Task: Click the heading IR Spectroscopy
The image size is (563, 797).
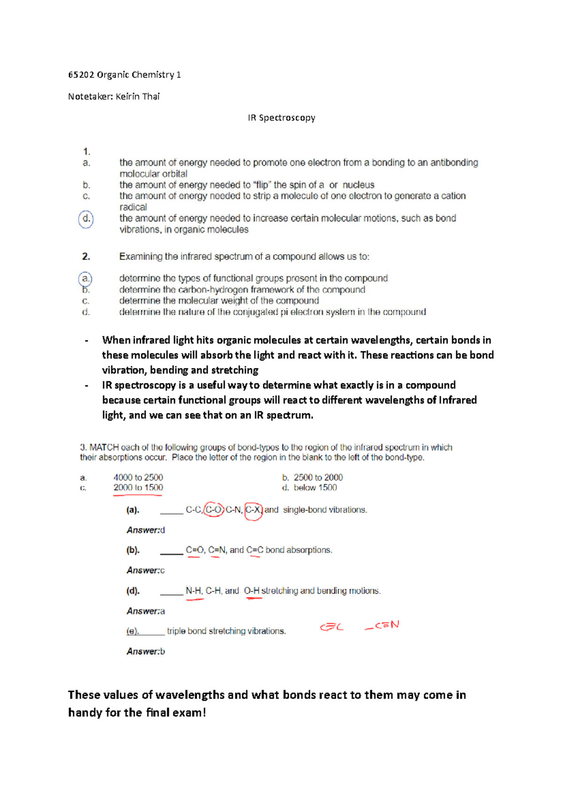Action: coord(281,118)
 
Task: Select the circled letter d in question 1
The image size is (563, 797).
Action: coord(86,219)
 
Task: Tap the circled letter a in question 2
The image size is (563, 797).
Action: coord(85,278)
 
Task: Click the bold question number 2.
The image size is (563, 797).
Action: coord(86,257)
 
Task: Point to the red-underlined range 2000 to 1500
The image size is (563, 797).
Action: coord(138,488)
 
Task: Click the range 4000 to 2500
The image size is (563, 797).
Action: coord(138,477)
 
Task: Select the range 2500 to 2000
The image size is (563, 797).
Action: coord(318,477)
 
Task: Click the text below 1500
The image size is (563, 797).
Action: coord(315,488)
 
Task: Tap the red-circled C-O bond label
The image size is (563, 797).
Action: coord(214,510)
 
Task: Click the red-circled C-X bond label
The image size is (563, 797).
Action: coord(253,510)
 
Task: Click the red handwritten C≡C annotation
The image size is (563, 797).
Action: coord(332,627)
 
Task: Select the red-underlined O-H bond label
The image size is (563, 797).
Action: coord(252,591)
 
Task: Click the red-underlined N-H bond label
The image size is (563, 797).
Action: coord(193,591)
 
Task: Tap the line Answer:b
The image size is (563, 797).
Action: coord(145,651)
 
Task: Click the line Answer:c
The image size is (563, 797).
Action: coord(145,570)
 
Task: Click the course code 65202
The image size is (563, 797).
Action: coord(81,75)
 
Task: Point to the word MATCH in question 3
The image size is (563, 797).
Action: coord(104,447)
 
